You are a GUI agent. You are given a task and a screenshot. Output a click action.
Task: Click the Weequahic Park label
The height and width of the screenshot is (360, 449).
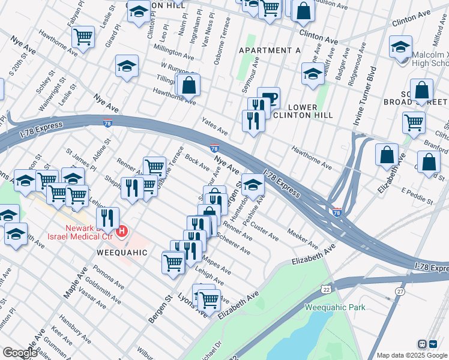[335, 308]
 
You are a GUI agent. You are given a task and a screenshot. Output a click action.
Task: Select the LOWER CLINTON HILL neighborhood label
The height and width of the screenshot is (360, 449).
[294, 112]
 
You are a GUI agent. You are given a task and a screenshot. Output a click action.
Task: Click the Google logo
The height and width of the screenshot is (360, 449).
[20, 353]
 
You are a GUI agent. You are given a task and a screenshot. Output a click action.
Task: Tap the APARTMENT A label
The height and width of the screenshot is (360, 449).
[270, 50]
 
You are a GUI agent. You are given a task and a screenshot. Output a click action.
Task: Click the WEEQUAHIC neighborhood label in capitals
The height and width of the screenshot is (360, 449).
[122, 253]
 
